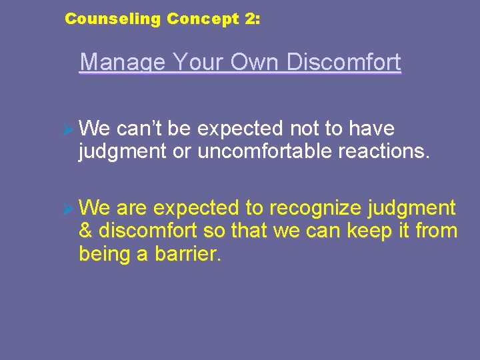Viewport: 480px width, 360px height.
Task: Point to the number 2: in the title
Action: pos(253,19)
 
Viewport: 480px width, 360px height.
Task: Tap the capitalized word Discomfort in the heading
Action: pos(344,63)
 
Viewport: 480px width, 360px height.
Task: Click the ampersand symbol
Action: pos(85,232)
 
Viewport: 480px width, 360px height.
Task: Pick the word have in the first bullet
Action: pos(371,128)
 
